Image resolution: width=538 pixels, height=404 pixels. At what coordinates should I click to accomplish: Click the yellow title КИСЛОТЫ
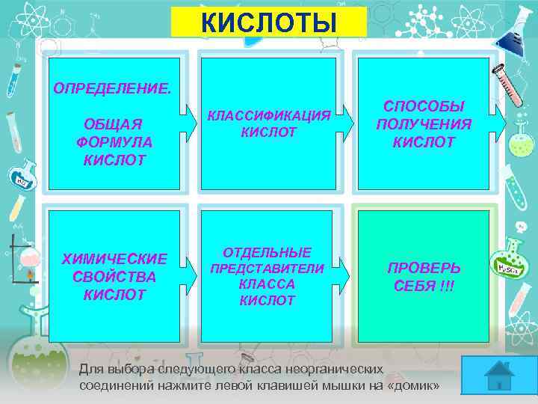268,22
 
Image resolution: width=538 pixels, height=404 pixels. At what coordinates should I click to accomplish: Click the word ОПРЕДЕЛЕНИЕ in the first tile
111,89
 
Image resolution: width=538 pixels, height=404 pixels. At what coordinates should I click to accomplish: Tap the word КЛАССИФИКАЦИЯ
268,116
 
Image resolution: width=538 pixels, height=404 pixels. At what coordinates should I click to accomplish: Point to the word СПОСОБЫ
424,106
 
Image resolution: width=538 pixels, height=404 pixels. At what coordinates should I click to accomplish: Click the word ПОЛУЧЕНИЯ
424,124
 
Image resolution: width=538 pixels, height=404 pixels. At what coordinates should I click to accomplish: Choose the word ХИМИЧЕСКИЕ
114,259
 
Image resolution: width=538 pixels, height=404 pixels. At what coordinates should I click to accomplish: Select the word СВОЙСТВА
114,277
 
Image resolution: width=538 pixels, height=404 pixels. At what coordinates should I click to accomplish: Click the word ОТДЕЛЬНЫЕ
268,252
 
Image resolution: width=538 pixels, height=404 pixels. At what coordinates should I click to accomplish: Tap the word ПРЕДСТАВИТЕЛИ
268,269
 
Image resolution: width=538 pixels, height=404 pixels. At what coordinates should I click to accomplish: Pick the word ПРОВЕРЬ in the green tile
424,268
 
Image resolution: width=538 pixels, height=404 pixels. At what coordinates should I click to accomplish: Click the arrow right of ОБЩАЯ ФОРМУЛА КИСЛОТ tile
186,120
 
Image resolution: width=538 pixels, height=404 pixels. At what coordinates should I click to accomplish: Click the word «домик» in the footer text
413,385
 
